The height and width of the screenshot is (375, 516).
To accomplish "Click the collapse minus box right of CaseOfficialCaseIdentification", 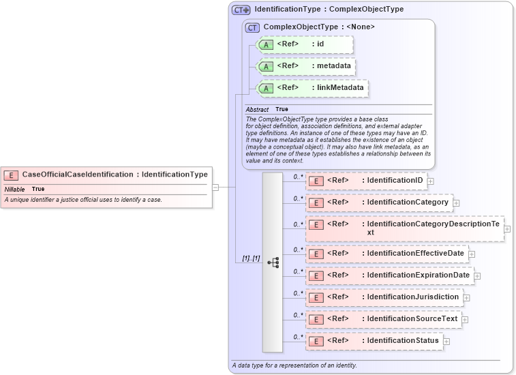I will coord(215,186).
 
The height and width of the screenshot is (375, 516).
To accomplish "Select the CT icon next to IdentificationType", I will coord(241,10).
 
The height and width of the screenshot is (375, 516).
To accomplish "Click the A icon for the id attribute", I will coord(267,45).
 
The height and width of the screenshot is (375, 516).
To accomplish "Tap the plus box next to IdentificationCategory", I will coord(456,202).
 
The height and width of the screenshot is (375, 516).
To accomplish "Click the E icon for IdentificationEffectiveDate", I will coord(316,254).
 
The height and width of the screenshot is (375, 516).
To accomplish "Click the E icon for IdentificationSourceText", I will coord(316,319).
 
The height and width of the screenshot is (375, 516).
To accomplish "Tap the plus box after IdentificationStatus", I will coord(446,341).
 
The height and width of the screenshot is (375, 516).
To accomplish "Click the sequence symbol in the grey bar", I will coord(273,262).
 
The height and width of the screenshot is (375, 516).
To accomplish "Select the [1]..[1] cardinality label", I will coord(252,258).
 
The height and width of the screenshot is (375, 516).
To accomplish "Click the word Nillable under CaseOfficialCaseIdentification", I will coord(15,189).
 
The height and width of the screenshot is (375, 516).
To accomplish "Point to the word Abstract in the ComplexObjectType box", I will coord(257,109).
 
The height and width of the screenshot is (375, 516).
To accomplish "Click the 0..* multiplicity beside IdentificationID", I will coord(298,176).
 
